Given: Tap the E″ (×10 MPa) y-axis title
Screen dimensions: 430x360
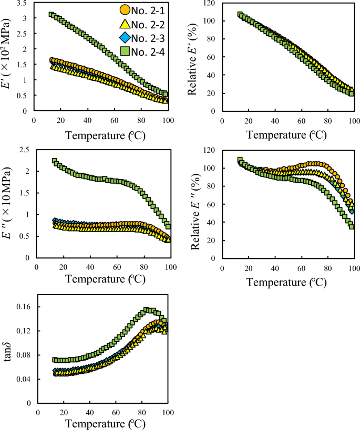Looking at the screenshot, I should [x=9, y=203].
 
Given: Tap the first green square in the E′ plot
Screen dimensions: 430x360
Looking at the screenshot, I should [x=52, y=15].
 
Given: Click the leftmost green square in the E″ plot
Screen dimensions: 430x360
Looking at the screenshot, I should [x=54, y=161].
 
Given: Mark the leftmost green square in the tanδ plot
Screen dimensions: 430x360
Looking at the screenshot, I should [x=55, y=360].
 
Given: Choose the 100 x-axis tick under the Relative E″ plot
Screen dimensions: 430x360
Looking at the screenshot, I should [x=354, y=267].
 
